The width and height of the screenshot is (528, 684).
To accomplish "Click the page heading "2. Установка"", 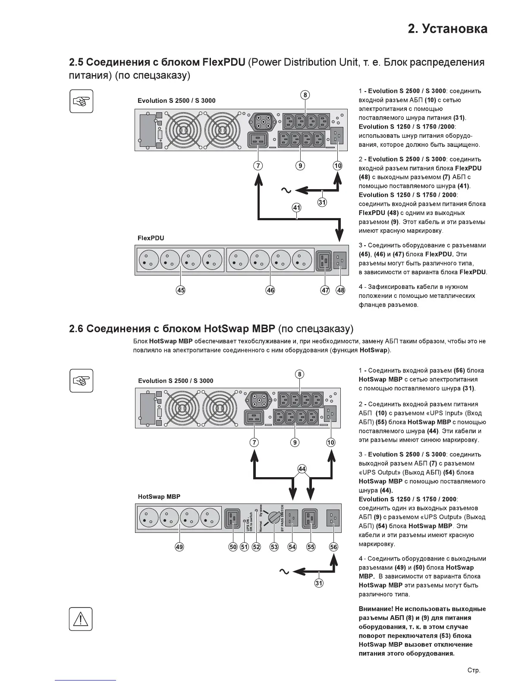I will coord(447,29).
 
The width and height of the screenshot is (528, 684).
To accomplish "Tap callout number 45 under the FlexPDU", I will coord(181,290).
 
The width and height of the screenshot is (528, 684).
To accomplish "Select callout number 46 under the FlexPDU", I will coord(270,290).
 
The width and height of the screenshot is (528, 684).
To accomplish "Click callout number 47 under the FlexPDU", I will coord(325,290).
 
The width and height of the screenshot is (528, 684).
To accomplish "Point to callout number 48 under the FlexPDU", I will coord(341,290).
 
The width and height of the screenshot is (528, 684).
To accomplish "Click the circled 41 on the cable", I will coord(297,208).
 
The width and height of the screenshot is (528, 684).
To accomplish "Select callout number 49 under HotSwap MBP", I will coord(179,547).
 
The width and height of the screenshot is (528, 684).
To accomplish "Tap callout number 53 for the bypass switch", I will coord(274,547).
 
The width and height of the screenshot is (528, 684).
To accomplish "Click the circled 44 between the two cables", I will coord(302,469).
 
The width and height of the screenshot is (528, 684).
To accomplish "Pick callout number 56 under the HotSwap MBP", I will coord(334,547).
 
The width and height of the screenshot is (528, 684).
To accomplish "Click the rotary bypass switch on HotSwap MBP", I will coord(273,517).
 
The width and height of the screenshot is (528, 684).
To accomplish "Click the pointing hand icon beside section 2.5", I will coord(81,101).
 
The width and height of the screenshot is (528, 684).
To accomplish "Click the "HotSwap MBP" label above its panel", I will coord(159,497).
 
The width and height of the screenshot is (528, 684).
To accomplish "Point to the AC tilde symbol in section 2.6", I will coord(284,571).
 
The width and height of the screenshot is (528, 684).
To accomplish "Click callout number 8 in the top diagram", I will coord(305,95).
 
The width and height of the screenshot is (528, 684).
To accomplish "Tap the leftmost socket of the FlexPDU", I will coord(148,260).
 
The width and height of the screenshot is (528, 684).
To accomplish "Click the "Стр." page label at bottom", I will coord(474,671).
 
